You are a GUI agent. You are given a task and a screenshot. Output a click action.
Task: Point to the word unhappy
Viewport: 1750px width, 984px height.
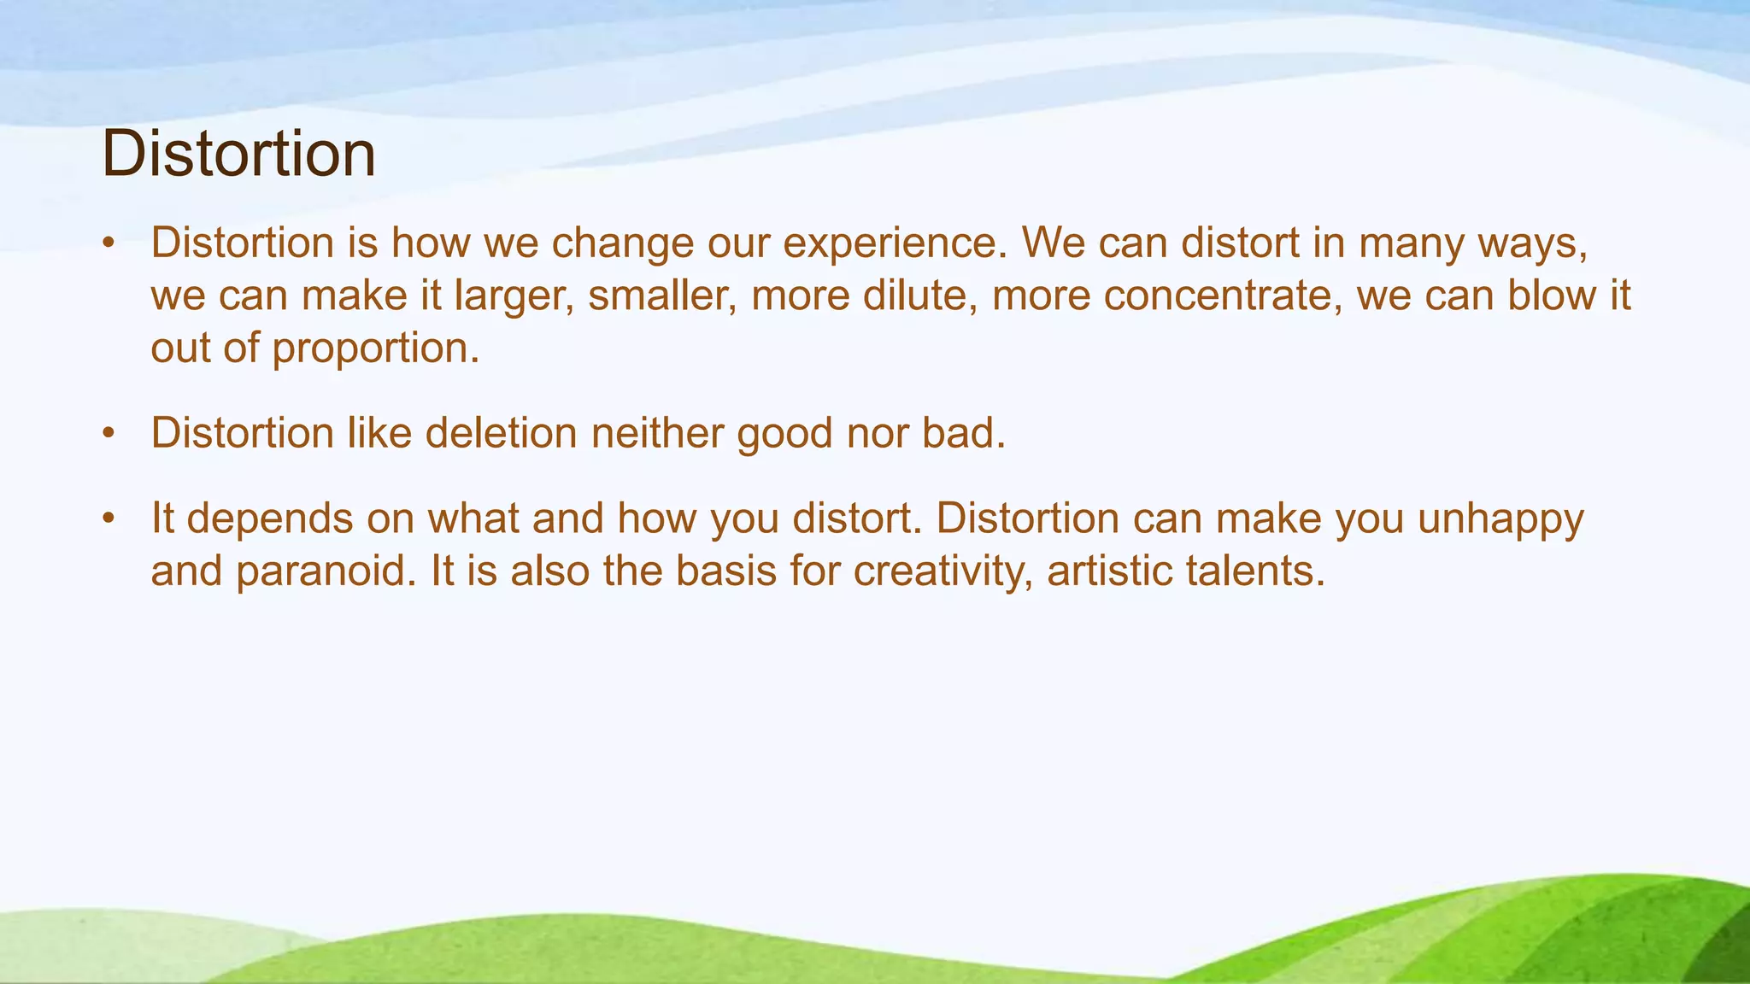tap(1500, 519)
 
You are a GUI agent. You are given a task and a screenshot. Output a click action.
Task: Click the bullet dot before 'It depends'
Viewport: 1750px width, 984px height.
tap(108, 519)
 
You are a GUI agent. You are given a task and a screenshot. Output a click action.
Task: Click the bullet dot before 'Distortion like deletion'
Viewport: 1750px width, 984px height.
tap(108, 434)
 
